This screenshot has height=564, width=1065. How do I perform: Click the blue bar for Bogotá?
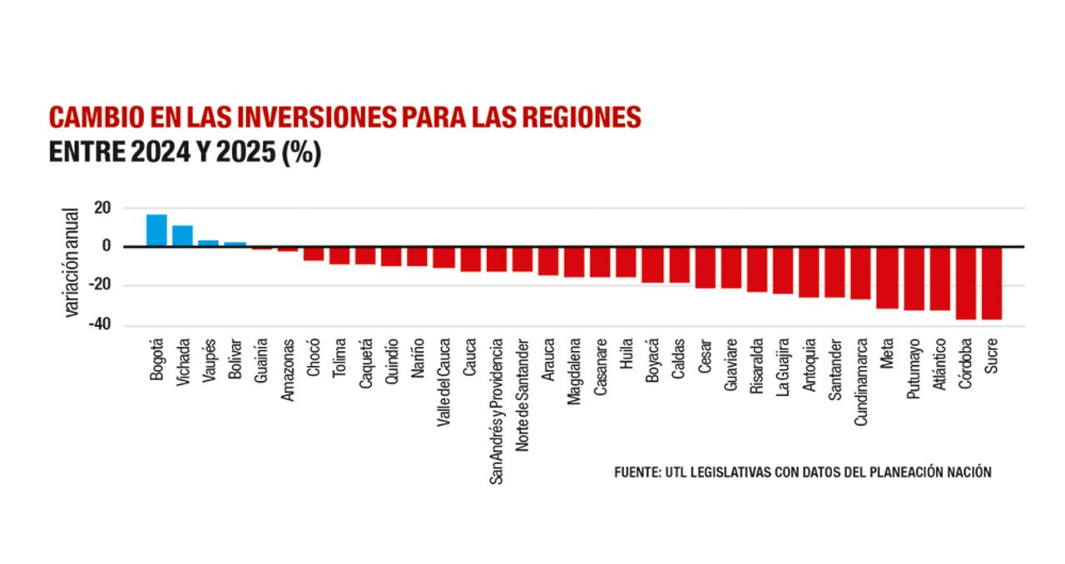pos(156,230)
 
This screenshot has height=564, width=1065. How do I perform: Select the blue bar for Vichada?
pos(183,236)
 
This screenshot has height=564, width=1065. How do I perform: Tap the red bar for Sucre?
pos(991,283)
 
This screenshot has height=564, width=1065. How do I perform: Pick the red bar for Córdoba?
pos(965,283)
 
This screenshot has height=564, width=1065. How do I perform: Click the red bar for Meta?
pos(887,278)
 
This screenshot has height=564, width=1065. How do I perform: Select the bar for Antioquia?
pos(809,272)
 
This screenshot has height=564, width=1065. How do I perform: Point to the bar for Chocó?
pos(314,254)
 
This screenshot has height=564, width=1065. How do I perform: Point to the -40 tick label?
pos(100,325)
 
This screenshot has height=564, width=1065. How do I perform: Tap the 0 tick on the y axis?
pos(106,246)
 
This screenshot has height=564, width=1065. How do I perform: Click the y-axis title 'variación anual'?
pos(72,262)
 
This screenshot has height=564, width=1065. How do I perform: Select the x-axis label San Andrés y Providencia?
pos(497,410)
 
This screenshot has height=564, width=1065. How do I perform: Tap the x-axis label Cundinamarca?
pos(862,382)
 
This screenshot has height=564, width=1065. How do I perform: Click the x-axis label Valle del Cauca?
pos(444,382)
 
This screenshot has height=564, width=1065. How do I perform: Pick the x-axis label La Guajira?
pos(783,368)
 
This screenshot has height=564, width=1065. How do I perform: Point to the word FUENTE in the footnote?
pos(637,472)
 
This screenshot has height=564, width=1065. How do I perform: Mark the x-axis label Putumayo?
pos(914,369)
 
